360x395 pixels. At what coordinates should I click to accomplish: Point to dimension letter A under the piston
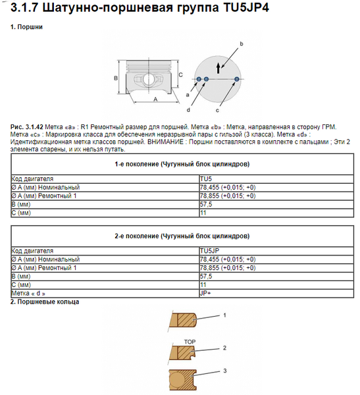point(155,98)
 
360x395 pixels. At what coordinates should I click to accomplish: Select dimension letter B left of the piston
point(116,78)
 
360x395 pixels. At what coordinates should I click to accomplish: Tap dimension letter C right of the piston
point(180,75)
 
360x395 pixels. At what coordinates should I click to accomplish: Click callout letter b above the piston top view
point(242,43)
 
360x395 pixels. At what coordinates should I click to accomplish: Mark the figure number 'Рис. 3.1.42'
point(26,125)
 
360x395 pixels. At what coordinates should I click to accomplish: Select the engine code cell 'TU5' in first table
point(205,178)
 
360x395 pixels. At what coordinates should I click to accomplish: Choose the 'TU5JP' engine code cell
point(208,251)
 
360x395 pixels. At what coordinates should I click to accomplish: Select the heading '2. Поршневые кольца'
point(45,302)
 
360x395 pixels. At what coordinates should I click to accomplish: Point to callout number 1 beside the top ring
point(224,315)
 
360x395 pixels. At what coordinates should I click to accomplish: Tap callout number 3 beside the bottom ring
point(224,371)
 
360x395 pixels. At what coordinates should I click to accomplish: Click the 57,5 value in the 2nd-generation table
point(205,276)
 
